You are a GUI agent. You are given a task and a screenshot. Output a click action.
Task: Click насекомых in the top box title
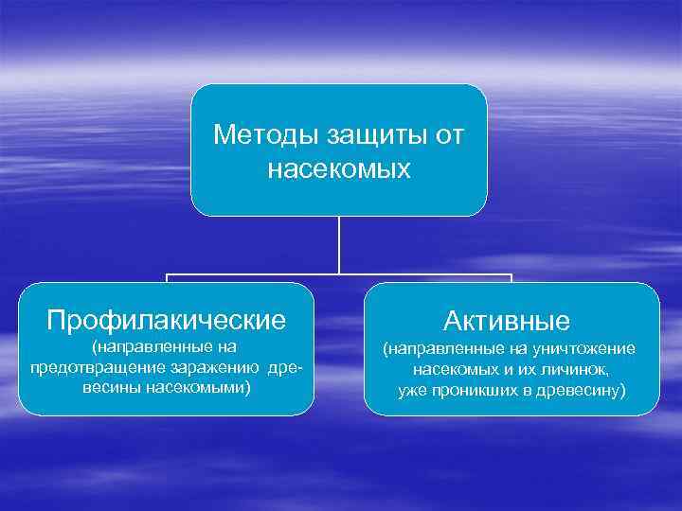(x=339, y=169)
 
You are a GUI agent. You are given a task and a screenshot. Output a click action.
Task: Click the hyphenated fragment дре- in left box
(x=287, y=367)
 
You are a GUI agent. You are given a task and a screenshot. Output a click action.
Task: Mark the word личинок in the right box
(x=575, y=369)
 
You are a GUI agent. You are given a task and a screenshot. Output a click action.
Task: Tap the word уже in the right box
(x=413, y=389)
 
